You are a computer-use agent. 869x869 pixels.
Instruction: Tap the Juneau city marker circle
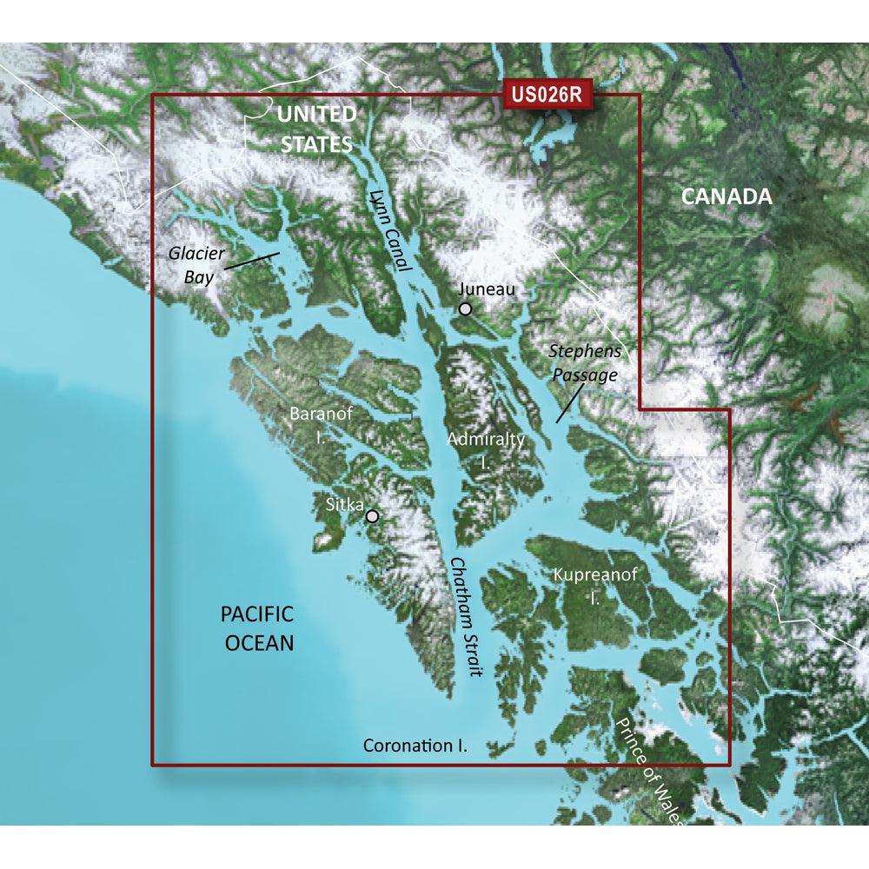click(466, 308)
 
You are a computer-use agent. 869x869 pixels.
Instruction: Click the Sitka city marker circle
click(373, 515)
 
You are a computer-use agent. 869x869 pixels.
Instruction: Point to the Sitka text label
click(342, 502)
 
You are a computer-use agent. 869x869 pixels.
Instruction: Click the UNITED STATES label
click(316, 129)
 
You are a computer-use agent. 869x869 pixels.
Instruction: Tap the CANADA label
click(726, 196)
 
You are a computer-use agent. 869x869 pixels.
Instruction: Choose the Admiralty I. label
click(486, 450)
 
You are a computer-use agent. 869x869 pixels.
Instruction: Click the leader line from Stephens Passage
click(568, 404)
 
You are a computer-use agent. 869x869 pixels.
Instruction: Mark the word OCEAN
click(259, 643)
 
